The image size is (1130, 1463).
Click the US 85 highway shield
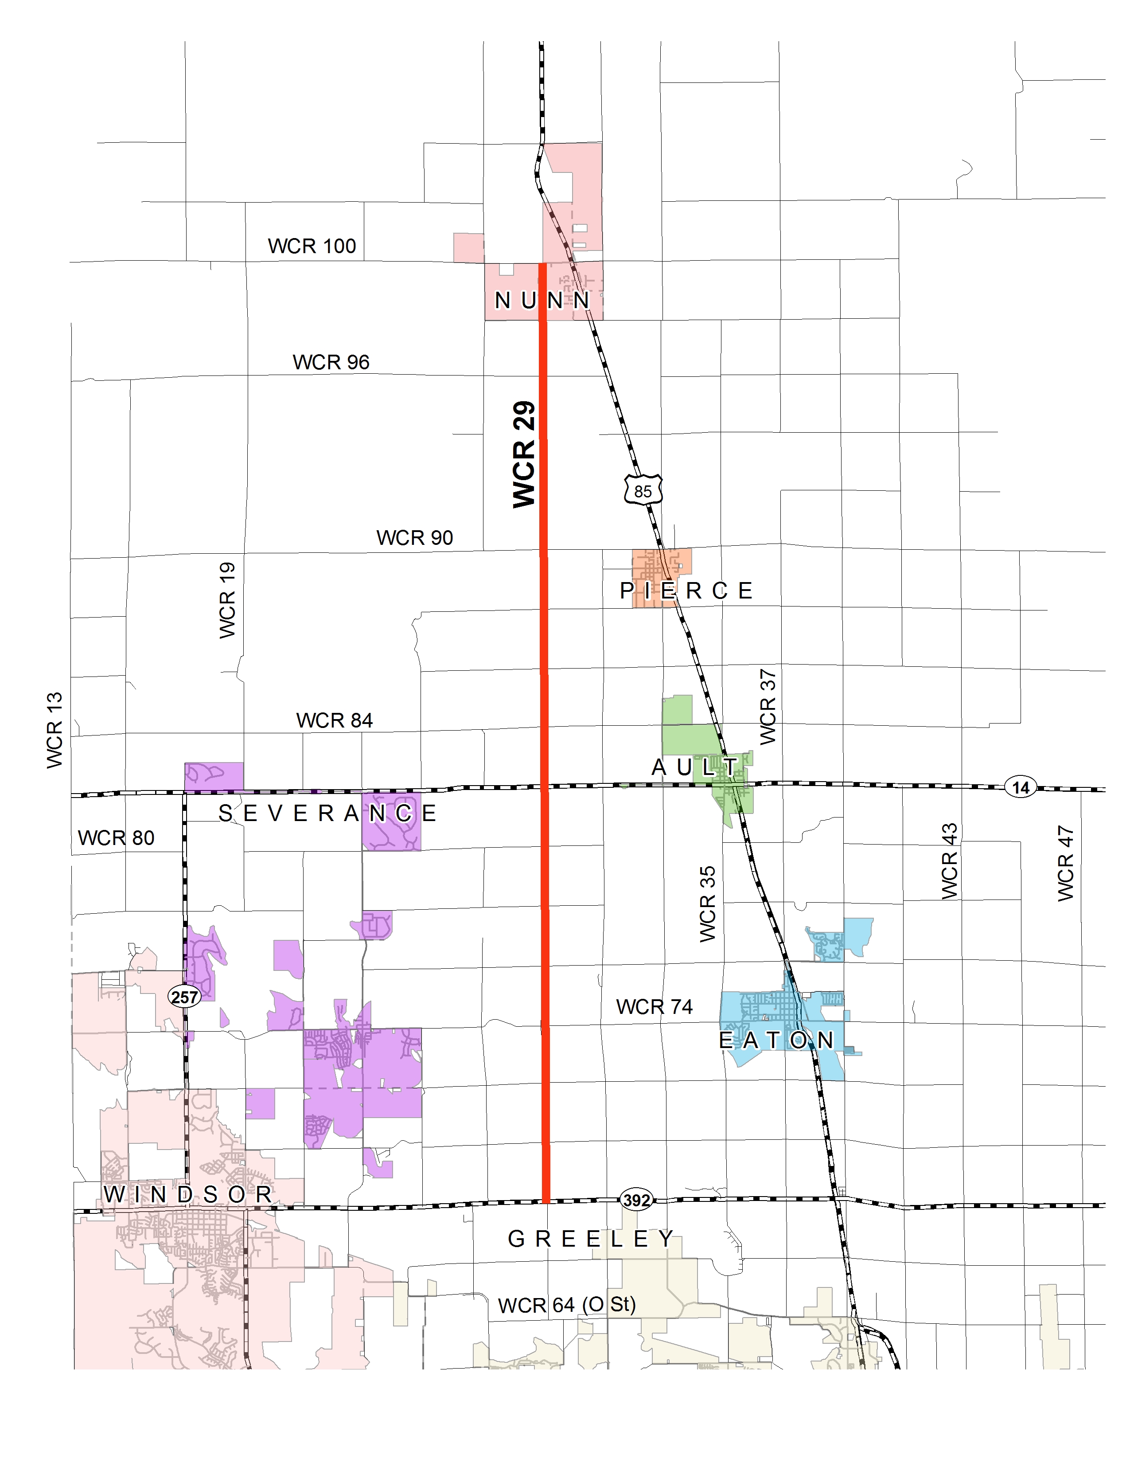tap(643, 490)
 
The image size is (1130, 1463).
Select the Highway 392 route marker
tap(636, 1200)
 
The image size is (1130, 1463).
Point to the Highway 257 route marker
tap(184, 997)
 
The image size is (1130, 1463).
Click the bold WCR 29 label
tap(524, 454)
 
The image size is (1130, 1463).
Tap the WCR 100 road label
tap(312, 246)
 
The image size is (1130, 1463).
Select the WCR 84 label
tap(334, 720)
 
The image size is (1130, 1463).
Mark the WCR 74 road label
tap(654, 1007)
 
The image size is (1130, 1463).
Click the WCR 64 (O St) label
tap(566, 1305)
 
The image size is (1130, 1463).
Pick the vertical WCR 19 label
tap(228, 600)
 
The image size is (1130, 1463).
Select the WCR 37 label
tap(768, 707)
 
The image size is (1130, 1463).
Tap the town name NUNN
tap(542, 301)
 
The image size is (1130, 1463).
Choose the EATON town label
tap(776, 1041)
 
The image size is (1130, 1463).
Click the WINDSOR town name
tap(188, 1194)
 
